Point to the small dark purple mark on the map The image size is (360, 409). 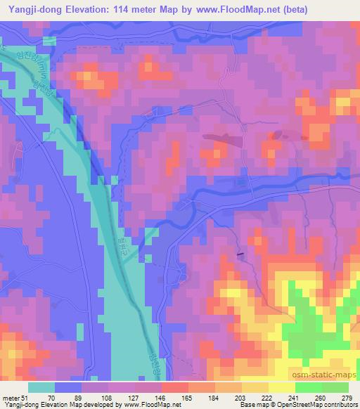coord(242,255)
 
